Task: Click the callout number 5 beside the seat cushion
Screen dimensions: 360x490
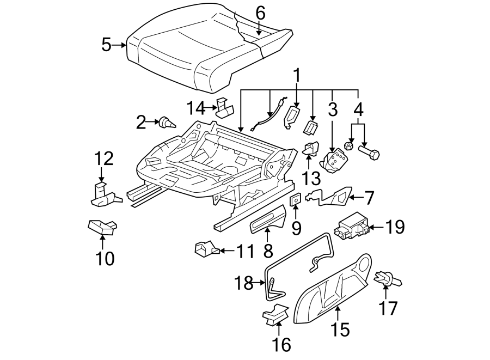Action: tap(107, 45)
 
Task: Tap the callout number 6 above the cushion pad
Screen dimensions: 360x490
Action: tap(260, 13)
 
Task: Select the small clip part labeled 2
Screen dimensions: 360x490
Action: tap(166, 123)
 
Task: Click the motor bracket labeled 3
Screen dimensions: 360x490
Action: tap(334, 161)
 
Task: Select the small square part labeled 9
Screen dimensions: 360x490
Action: tap(296, 200)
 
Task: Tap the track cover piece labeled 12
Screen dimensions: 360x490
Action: tap(104, 196)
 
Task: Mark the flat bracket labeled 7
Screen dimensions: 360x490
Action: tap(332, 197)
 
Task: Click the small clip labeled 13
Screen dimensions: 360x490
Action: tap(311, 149)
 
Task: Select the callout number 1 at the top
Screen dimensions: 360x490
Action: tap(297, 75)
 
